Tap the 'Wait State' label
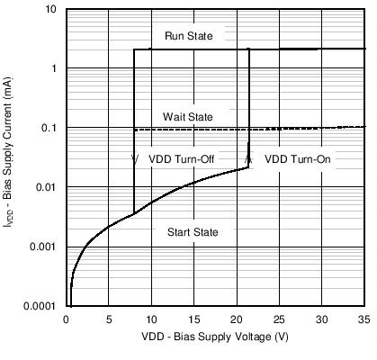pos(187,117)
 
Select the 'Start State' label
pos(193,232)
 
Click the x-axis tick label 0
pos(65,319)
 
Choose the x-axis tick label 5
pos(108,319)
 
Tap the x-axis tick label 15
pos(193,319)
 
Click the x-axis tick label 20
pos(236,319)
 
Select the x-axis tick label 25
pos(279,319)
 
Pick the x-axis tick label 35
pos(364,319)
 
